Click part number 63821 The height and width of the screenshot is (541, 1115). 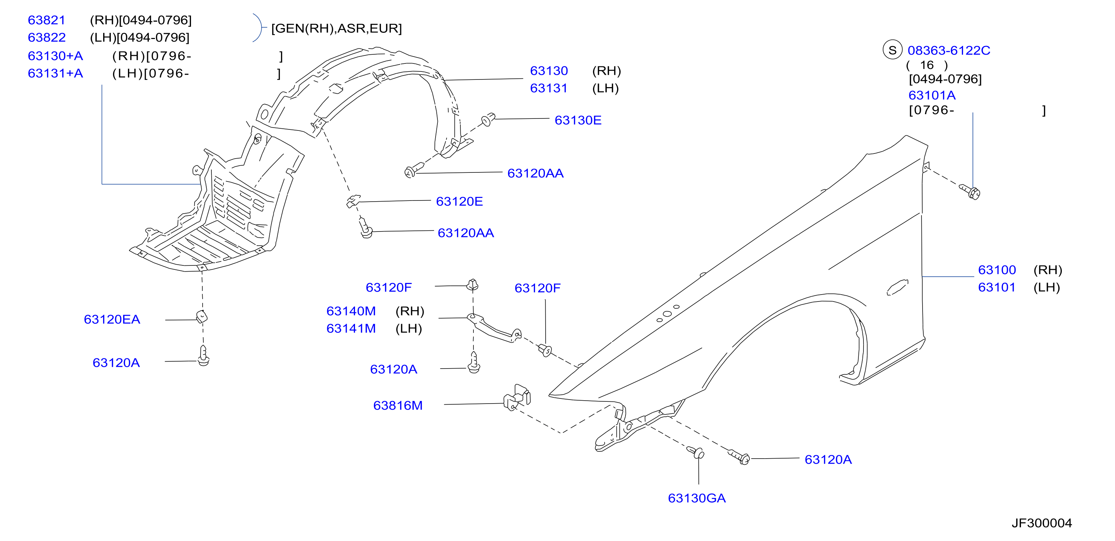click(x=46, y=20)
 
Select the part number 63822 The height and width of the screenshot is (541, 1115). click(x=47, y=37)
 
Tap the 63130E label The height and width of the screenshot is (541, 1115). click(x=578, y=120)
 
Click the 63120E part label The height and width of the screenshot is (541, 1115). click(x=459, y=201)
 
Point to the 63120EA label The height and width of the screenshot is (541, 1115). click(x=112, y=319)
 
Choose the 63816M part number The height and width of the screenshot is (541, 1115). click(x=398, y=405)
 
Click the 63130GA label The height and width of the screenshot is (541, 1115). click(x=697, y=498)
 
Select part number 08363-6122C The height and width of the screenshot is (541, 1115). click(x=949, y=50)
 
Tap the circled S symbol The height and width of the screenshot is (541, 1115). click(x=892, y=50)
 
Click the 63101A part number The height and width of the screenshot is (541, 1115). click(x=932, y=95)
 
